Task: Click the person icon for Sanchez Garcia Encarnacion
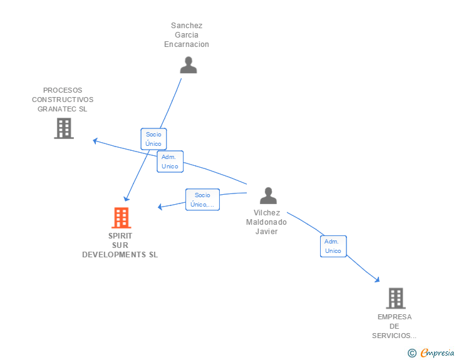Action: coord(189,65)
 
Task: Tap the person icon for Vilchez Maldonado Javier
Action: coord(268,195)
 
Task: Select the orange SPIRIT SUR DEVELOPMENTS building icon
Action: coord(122,218)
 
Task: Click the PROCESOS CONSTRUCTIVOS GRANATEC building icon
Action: coord(64,128)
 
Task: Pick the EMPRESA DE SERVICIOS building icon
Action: coord(396,298)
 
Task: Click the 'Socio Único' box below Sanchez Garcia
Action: coord(153,139)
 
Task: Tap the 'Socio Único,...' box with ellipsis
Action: coord(202,200)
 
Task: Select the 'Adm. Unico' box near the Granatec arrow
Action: coord(170,162)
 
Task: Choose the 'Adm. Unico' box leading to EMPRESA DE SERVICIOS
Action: coord(333,246)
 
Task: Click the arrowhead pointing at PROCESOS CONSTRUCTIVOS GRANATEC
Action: coord(95,141)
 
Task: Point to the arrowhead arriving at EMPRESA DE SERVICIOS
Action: coord(377,280)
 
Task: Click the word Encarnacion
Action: coord(187,44)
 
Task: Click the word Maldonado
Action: coord(266,222)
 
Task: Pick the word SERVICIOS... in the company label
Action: coord(394,336)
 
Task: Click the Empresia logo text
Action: coord(437,352)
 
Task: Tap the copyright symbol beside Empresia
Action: coord(412,353)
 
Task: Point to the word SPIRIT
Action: coord(120,236)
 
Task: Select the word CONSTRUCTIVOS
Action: coord(63,100)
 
